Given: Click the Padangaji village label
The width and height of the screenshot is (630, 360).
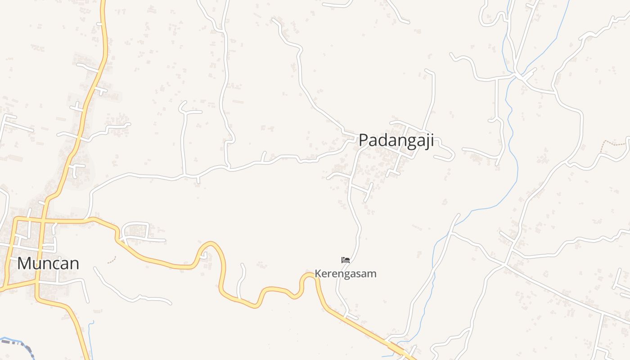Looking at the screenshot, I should click(396, 140).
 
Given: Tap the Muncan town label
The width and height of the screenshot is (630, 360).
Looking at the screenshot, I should click(48, 263).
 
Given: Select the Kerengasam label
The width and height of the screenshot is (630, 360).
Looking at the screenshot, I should click(346, 274).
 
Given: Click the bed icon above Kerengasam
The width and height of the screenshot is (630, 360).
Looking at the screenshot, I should click(346, 260).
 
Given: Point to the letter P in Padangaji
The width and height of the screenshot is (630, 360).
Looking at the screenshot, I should click(364, 140).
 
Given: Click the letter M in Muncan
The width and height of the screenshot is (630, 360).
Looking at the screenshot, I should click(23, 263).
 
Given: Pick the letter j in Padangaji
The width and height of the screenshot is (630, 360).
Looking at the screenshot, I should click(426, 141).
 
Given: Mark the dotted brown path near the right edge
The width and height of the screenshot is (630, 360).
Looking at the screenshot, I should click(615, 143).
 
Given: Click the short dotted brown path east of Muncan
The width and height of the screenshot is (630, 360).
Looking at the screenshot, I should click(112, 260).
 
